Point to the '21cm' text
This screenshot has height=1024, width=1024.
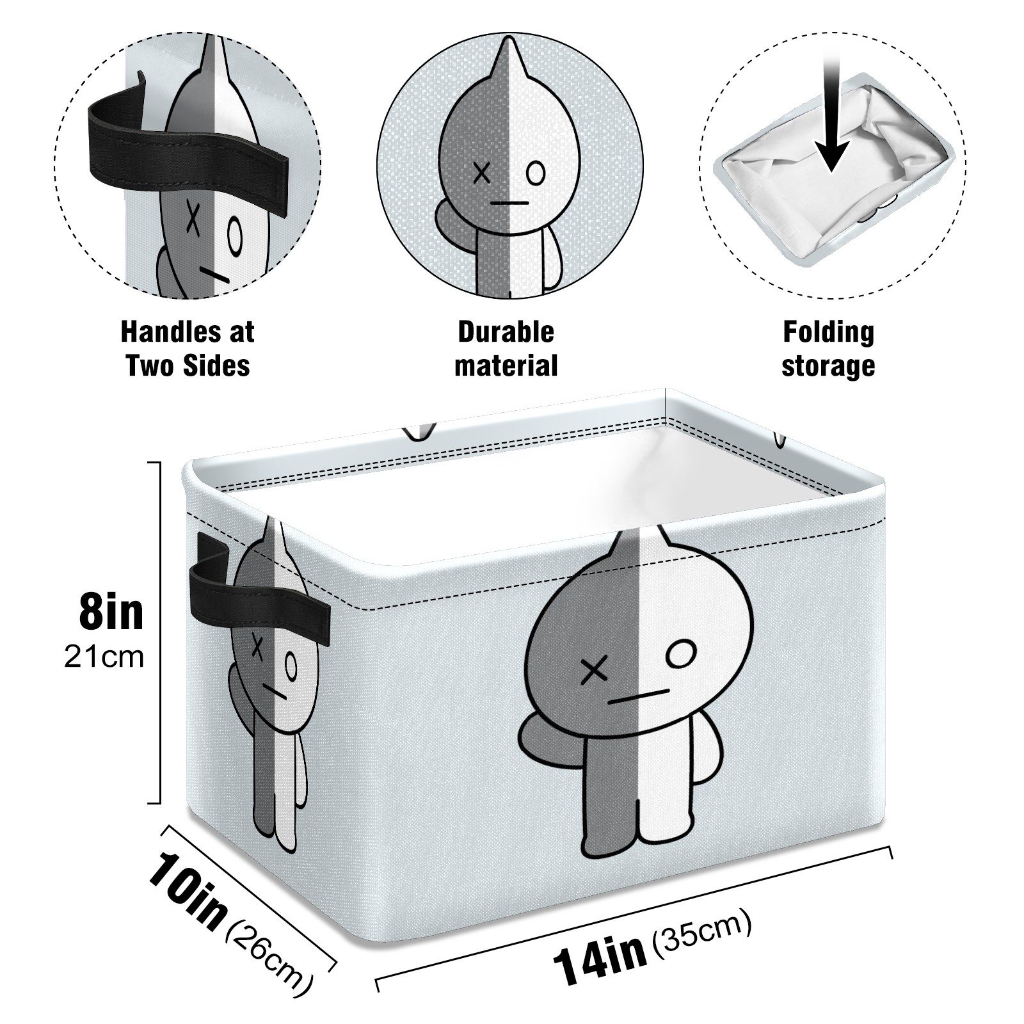click(x=104, y=657)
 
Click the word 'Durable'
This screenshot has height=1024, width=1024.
click(x=506, y=332)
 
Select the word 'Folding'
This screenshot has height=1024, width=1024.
click(x=828, y=332)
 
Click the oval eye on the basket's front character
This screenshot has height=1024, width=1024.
click(x=680, y=654)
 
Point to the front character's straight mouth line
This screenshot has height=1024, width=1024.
click(x=637, y=696)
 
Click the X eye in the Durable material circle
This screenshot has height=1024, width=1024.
click(x=481, y=173)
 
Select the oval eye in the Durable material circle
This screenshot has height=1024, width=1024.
click(x=536, y=173)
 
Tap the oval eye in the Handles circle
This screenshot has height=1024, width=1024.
click(x=235, y=236)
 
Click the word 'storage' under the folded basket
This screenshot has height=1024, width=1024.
click(x=828, y=367)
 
